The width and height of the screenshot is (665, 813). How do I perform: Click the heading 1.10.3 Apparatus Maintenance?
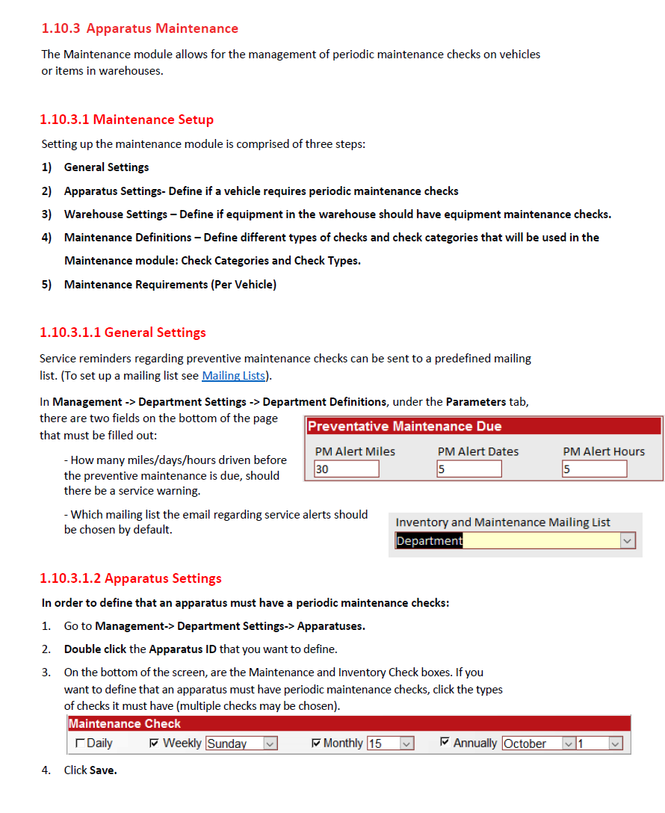(140, 28)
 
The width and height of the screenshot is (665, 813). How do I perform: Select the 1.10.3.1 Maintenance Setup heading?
(127, 120)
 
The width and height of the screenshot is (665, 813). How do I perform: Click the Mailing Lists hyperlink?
(233, 375)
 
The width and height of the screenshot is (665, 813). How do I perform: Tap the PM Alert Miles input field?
(347, 469)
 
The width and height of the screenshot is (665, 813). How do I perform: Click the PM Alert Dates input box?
(469, 469)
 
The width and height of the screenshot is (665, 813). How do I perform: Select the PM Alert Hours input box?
(595, 469)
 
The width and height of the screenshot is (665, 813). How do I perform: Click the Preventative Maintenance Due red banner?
(483, 427)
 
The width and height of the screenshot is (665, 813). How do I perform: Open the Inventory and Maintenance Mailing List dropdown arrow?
(628, 541)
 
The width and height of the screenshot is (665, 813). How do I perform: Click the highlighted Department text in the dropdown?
(430, 541)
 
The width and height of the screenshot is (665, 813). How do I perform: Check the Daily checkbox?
(80, 744)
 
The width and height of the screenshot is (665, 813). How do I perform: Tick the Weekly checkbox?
(154, 744)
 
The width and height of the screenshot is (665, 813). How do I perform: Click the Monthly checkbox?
(315, 744)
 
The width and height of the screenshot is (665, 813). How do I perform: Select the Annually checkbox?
(445, 743)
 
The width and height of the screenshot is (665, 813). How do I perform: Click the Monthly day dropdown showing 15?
(391, 744)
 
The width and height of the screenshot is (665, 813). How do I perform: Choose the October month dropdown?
(538, 744)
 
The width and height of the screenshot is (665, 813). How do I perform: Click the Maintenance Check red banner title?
(125, 723)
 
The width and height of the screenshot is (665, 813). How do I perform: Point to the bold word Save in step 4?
(103, 770)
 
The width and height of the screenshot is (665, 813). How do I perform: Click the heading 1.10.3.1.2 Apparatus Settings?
(131, 578)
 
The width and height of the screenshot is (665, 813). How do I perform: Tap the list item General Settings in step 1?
(106, 167)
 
